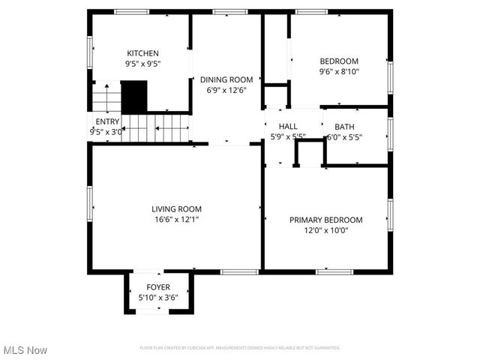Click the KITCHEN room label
(142, 53)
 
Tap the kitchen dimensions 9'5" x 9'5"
(142, 64)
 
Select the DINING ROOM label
(226, 79)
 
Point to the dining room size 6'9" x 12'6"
(226, 90)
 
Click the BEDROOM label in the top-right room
(339, 61)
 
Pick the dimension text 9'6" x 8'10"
(339, 72)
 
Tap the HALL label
(288, 127)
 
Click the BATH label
(344, 127)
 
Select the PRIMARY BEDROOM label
(325, 220)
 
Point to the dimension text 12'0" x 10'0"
(325, 230)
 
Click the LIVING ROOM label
(176, 209)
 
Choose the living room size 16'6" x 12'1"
(176, 220)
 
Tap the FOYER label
(157, 287)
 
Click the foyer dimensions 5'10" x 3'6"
(157, 298)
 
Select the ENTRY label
(107, 121)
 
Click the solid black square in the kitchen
(134, 95)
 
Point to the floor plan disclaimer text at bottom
(240, 348)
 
